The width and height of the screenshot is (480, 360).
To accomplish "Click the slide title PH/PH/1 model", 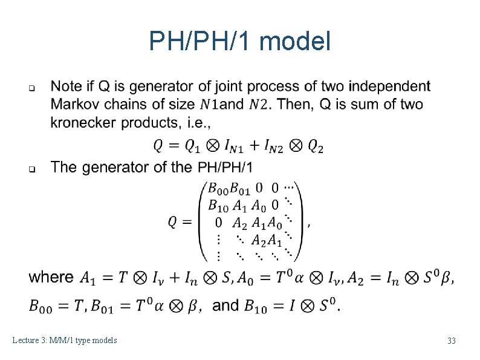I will pyautogui.click(x=240, y=42).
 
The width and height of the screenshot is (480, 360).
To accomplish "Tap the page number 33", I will pyautogui.click(x=451, y=341).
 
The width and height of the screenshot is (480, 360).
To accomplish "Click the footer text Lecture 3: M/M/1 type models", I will pyautogui.click(x=65, y=341).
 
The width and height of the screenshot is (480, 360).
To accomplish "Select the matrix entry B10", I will pyautogui.click(x=218, y=205).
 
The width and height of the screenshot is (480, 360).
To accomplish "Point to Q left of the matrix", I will pyautogui.click(x=172, y=222).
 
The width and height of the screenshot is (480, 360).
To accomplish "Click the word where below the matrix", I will pyautogui.click(x=51, y=277).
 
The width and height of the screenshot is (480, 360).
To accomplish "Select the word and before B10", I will pyautogui.click(x=225, y=305).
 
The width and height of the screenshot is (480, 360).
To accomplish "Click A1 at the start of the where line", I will pyautogui.click(x=88, y=278).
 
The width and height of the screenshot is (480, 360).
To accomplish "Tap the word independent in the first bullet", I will pyautogui.click(x=389, y=86).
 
